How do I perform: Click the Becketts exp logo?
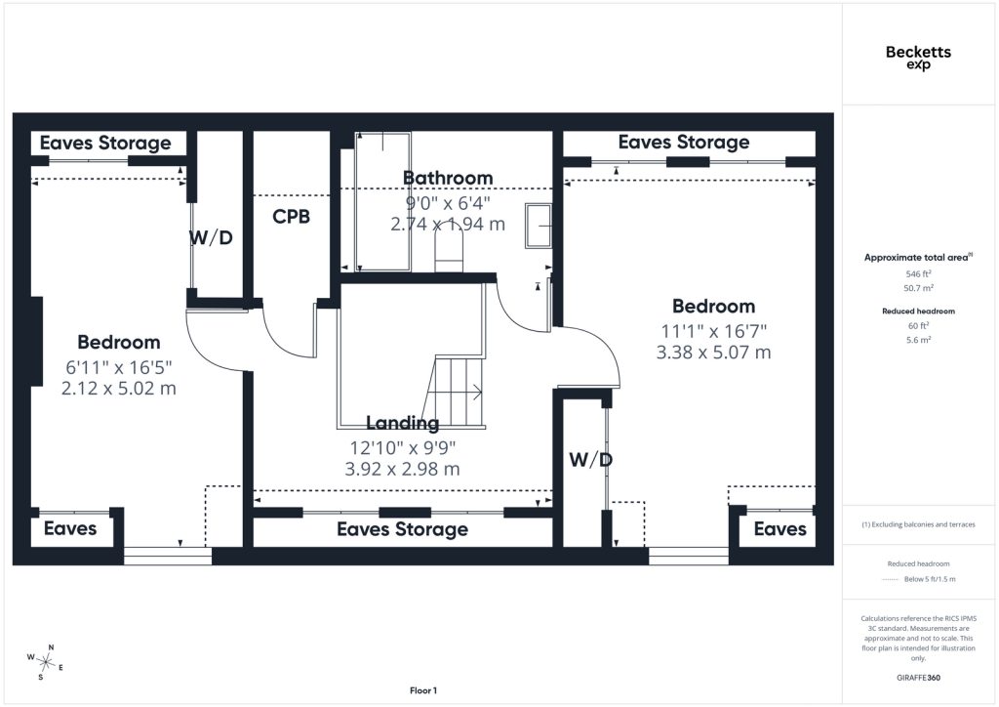pyautogui.click(x=918, y=58)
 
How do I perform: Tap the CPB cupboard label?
pyautogui.click(x=291, y=217)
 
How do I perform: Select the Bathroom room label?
pyautogui.click(x=448, y=178)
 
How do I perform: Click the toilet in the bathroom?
pyautogui.click(x=449, y=249)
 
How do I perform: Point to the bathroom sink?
pyautogui.click(x=539, y=226)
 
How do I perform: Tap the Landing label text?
pyautogui.click(x=403, y=423)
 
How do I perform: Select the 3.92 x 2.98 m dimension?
pyautogui.click(x=402, y=469)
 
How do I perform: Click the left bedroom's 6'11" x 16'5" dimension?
pyautogui.click(x=119, y=367)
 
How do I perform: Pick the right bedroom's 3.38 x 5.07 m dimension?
pyautogui.click(x=713, y=352)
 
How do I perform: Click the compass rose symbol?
pyautogui.click(x=45, y=663)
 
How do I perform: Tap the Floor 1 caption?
pyautogui.click(x=423, y=690)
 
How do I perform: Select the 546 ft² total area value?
pyautogui.click(x=918, y=274)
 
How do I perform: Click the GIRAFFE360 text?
pyautogui.click(x=918, y=678)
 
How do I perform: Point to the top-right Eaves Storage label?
pyautogui.click(x=684, y=143)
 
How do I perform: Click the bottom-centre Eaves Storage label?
pyautogui.click(x=403, y=529)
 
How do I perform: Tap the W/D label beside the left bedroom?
pyautogui.click(x=211, y=238)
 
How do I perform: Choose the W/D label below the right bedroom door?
pyautogui.click(x=590, y=460)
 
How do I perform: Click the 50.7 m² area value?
pyautogui.click(x=918, y=288)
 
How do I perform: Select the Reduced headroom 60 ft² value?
pyautogui.click(x=918, y=326)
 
